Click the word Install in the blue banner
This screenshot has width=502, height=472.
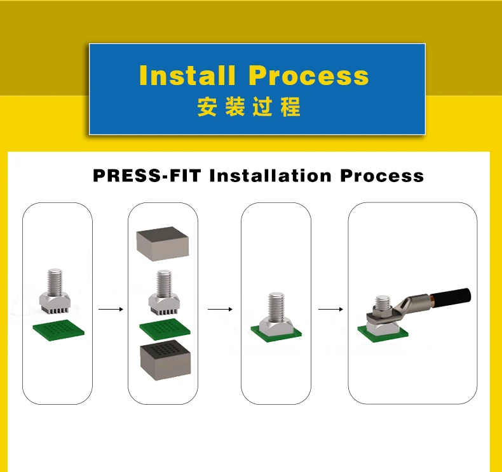[x=187, y=75]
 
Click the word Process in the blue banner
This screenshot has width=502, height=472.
[x=309, y=75]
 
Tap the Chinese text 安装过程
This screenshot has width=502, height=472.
[x=248, y=107]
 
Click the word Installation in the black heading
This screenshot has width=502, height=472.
[x=271, y=175]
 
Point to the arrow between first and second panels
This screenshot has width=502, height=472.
[x=111, y=310]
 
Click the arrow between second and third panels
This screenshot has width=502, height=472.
[x=220, y=310]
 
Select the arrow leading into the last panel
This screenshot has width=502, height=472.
[x=330, y=310]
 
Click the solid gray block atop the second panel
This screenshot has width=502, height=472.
[x=163, y=245]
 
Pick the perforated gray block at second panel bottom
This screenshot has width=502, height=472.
[x=165, y=359]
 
